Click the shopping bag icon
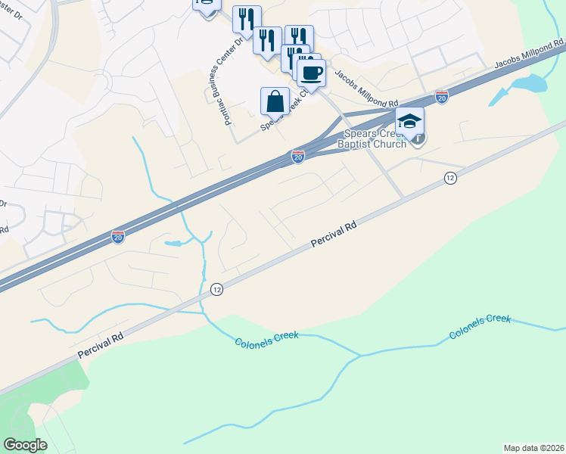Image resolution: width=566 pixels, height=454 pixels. tap(275, 101)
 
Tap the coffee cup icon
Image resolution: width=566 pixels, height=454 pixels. tap(310, 73)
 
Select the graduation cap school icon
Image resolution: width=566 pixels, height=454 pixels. tap(409, 121)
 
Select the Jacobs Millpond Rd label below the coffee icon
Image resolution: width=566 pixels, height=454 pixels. tap(366, 89)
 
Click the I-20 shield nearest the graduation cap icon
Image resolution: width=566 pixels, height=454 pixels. tap(442, 97)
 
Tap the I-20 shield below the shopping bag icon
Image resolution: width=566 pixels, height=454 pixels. tap(298, 157)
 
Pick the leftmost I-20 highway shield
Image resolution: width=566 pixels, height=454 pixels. tap(118, 237)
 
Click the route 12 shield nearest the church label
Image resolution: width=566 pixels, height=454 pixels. tap(450, 177)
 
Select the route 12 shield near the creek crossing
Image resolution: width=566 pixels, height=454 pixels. tap(216, 289)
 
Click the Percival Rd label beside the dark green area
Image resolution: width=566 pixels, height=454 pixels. tap(100, 346)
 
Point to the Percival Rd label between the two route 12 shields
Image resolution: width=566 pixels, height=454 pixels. tap(334, 235)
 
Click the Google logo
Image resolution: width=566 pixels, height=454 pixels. tap(25, 445)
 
